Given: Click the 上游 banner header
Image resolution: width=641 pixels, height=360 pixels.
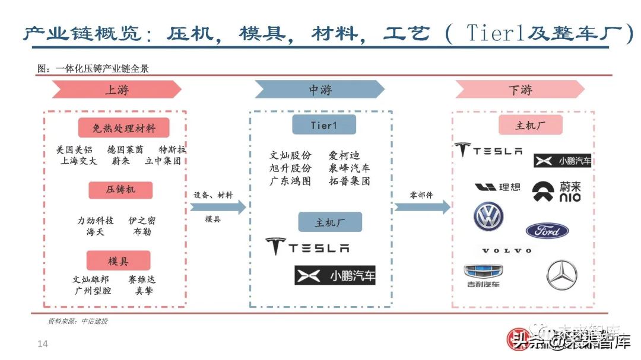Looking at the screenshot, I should pyautogui.click(x=117, y=90).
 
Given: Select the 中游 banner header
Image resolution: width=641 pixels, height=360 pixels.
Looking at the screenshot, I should pyautogui.click(x=320, y=90).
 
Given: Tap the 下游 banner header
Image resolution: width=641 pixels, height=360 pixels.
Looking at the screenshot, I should pyautogui.click(x=520, y=90).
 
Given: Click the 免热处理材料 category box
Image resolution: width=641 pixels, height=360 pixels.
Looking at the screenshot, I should pyautogui.click(x=123, y=128).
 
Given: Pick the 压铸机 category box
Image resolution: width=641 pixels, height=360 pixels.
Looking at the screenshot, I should pyautogui.click(x=120, y=190).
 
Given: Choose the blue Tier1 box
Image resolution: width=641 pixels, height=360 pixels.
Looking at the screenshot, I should pyautogui.click(x=323, y=125).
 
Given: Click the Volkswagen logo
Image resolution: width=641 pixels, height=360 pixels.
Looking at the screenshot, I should pyautogui.click(x=488, y=216).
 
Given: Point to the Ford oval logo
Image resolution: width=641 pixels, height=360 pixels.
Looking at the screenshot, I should pyautogui.click(x=547, y=231).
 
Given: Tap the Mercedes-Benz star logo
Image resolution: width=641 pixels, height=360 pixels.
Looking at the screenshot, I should pyautogui.click(x=561, y=274).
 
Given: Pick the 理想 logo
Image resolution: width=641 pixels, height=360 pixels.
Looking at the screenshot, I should pyautogui.click(x=497, y=187).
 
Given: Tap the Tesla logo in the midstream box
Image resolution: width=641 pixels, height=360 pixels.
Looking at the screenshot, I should pyautogui.click(x=307, y=246).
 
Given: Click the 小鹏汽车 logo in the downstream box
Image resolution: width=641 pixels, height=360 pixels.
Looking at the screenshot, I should pyautogui.click(x=562, y=161).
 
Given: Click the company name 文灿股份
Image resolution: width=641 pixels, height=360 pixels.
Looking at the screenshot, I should pyautogui.click(x=290, y=155).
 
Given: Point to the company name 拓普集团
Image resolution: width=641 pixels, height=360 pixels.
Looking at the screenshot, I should pyautogui.click(x=349, y=181).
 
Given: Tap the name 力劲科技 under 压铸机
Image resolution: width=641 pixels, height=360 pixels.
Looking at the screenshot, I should pyautogui.click(x=95, y=221).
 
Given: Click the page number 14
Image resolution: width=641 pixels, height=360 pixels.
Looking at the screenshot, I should pyautogui.click(x=42, y=345).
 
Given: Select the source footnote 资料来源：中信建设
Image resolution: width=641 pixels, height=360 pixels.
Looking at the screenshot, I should pyautogui.click(x=78, y=321).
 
